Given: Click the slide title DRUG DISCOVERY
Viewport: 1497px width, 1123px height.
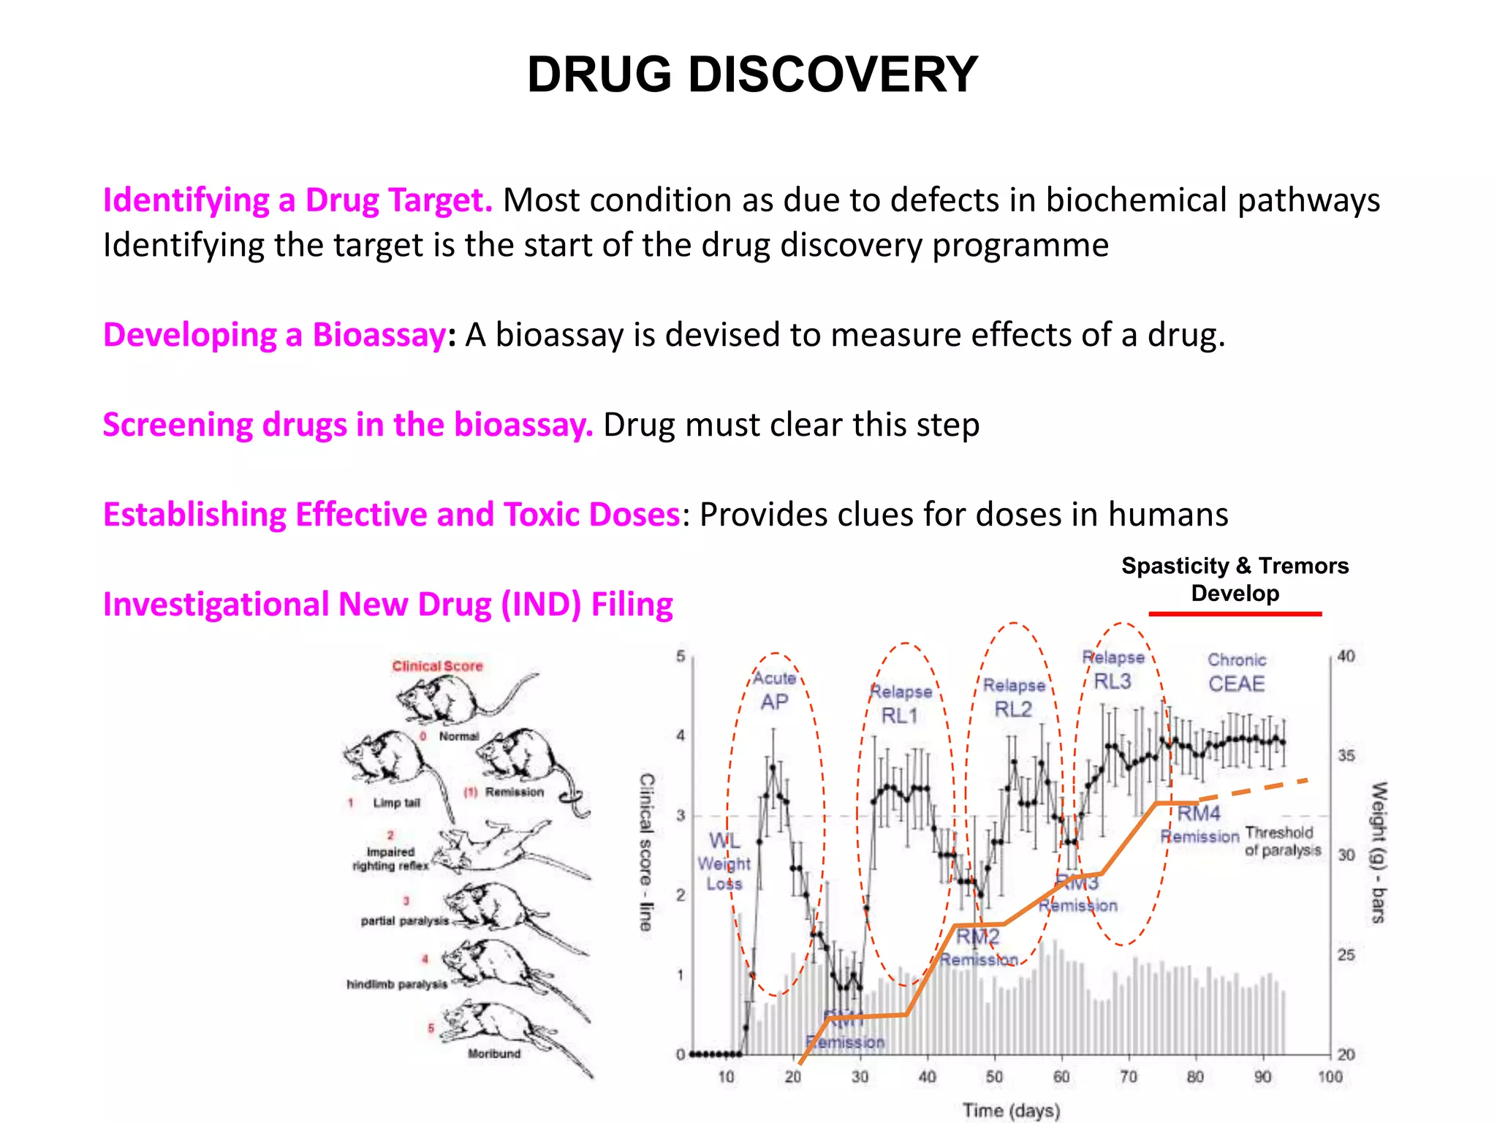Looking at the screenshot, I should click(x=752, y=75).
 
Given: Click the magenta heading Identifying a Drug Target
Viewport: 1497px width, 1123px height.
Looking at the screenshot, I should click(x=297, y=200).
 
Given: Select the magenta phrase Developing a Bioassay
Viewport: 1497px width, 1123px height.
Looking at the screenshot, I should click(x=274, y=335).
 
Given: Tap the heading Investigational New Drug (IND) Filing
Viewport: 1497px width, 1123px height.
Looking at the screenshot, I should click(x=387, y=605).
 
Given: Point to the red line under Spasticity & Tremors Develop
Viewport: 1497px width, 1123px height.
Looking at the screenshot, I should click(x=1235, y=614).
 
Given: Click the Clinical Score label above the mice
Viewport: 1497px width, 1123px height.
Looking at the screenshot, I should click(x=437, y=666).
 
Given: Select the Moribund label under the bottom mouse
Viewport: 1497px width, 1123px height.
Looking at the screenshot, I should click(x=494, y=1054).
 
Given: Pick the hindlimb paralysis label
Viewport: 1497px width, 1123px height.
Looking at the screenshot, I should click(x=397, y=984).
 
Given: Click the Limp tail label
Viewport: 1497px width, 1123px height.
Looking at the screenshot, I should click(x=396, y=803).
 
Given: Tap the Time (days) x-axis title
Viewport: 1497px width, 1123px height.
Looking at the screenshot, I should click(x=1011, y=1111).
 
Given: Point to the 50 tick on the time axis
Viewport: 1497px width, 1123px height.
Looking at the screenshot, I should click(x=994, y=1077).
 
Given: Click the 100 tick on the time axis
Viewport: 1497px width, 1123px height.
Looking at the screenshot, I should click(x=1330, y=1077).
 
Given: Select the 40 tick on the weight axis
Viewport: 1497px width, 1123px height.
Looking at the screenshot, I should click(x=1346, y=656).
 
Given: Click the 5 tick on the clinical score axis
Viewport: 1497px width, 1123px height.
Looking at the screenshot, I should click(x=681, y=656).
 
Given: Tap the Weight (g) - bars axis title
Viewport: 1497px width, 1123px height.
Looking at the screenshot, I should click(x=1378, y=852).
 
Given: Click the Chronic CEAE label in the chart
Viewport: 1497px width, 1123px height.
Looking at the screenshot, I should click(x=1236, y=673).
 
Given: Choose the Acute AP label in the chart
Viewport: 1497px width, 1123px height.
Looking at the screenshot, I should click(x=774, y=691).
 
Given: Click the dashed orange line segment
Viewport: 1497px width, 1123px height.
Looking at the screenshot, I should click(x=1253, y=789).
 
